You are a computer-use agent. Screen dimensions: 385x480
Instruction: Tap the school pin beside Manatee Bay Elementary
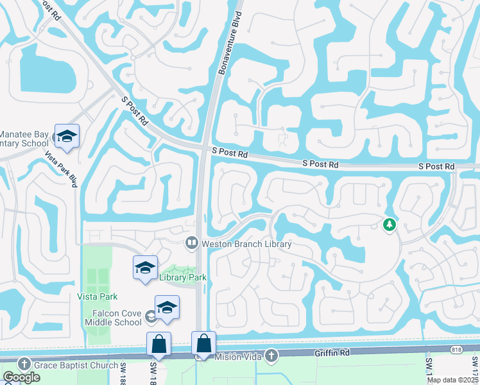click(67, 137)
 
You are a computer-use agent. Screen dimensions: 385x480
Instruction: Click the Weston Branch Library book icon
click(191, 243)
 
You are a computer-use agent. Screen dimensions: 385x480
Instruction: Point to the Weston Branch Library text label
click(246, 244)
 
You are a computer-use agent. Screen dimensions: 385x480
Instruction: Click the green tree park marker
click(388, 225)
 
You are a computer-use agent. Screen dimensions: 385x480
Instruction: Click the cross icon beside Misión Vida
click(271, 355)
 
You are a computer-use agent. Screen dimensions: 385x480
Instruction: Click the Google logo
click(21, 377)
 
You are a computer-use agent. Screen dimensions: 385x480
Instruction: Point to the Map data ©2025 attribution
click(452, 380)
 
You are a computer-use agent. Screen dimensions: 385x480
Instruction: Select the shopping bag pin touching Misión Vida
click(203, 344)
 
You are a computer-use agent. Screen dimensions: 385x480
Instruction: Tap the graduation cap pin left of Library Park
click(145, 268)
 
